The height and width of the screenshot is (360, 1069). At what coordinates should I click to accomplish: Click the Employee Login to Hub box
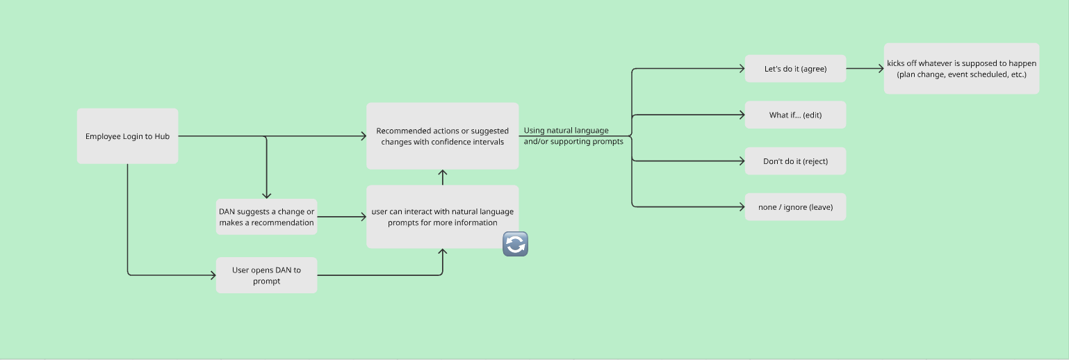(x=127, y=136)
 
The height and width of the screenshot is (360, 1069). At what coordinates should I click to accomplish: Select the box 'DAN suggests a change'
(x=266, y=217)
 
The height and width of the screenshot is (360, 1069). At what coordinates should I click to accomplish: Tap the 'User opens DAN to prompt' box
(x=266, y=275)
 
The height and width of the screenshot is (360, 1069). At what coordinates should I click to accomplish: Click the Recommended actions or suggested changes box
(x=442, y=136)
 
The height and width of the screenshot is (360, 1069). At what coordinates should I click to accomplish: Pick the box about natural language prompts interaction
(x=442, y=217)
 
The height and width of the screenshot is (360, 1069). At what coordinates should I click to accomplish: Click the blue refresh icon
(x=515, y=244)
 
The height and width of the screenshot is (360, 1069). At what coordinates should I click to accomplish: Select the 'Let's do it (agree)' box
(x=795, y=69)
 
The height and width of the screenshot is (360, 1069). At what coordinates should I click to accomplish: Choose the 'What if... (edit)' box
(x=795, y=115)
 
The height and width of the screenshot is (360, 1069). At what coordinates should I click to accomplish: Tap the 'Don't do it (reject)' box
(x=795, y=161)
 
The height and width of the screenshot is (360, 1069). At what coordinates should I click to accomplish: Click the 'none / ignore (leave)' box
(x=795, y=207)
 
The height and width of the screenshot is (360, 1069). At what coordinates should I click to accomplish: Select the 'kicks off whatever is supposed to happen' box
(x=961, y=69)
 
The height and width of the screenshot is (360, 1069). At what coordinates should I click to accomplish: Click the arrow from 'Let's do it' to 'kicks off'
(x=865, y=69)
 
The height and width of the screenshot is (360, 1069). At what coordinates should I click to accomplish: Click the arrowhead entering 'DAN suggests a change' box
(x=266, y=195)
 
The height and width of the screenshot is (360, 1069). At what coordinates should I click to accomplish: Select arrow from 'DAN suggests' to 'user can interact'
(x=341, y=217)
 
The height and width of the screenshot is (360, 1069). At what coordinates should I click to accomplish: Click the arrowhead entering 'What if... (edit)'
(x=741, y=115)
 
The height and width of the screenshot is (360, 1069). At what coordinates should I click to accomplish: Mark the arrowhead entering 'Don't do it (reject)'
(x=741, y=161)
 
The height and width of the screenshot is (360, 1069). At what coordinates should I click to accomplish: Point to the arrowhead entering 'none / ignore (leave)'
(x=741, y=207)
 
